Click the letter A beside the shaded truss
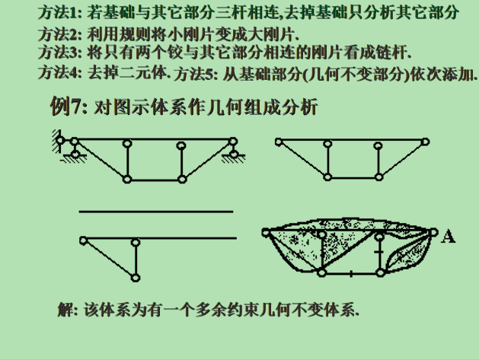449,237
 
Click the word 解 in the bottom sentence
66,310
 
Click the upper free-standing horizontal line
155,211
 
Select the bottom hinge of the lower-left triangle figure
136,276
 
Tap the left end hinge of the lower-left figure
82,241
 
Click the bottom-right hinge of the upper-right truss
376,177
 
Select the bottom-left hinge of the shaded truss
322,272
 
